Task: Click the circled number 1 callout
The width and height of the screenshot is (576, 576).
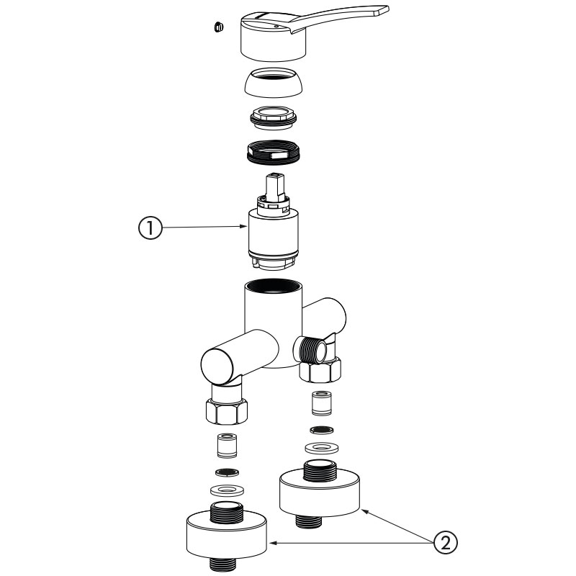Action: coord(148,228)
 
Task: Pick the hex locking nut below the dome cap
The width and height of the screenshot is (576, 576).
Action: coord(273,117)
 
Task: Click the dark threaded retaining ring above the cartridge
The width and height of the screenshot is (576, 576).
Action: coord(273,151)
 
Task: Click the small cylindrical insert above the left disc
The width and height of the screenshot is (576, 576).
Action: coord(228,446)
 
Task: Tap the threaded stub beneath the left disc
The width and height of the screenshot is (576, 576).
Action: coord(228,564)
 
